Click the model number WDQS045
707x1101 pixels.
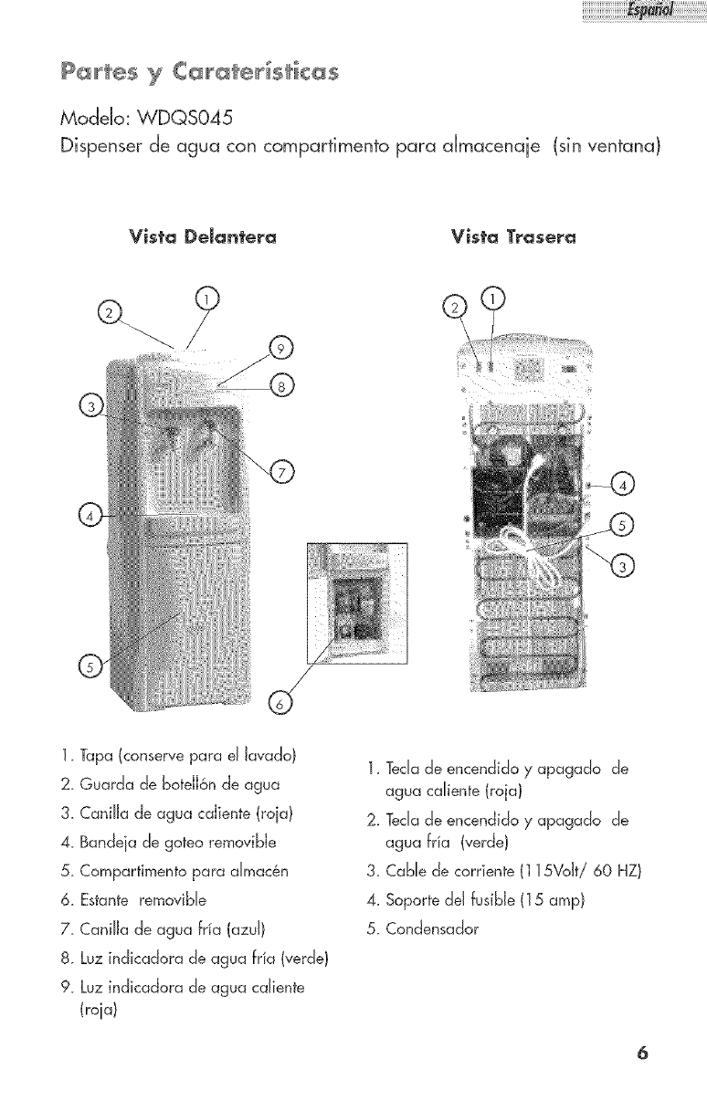(x=166, y=119)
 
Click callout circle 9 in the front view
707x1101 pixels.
(x=283, y=349)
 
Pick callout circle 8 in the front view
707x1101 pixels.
(x=281, y=386)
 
